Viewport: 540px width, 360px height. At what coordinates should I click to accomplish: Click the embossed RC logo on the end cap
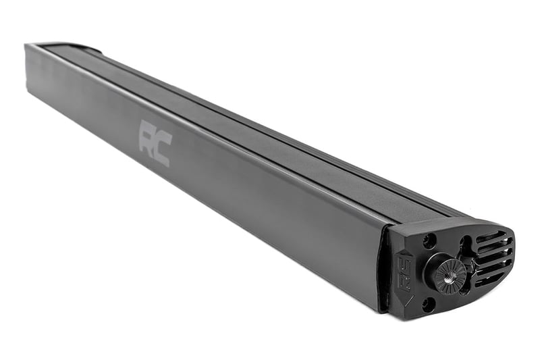[x=403, y=274]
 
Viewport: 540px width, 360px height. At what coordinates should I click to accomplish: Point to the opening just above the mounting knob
[x=464, y=245]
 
